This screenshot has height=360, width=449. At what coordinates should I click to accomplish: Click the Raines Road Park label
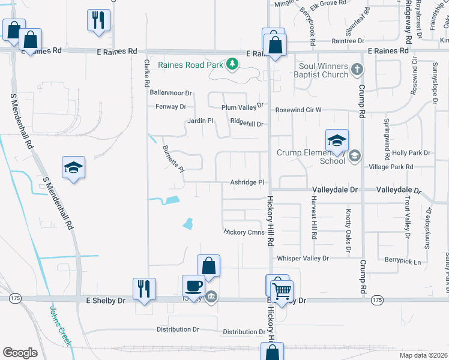(190, 65)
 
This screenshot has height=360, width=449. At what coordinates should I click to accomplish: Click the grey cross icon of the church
(357, 69)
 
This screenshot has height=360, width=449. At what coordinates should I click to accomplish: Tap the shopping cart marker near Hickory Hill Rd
(281, 291)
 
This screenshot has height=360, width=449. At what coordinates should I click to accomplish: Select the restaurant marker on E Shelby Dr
(144, 287)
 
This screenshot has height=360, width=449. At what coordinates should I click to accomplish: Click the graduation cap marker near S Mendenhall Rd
(73, 167)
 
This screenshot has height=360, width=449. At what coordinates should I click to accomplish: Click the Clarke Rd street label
(146, 73)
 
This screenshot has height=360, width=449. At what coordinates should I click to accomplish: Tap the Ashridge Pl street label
(247, 182)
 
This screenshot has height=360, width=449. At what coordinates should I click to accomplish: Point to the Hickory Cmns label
(244, 231)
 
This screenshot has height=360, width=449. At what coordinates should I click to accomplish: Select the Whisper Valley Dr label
(303, 258)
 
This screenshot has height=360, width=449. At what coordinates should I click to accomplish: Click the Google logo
(20, 353)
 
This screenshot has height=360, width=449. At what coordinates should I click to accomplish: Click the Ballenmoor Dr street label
(170, 93)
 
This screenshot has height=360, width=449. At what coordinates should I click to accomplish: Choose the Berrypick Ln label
(403, 262)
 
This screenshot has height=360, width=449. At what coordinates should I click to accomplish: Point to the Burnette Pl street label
(173, 157)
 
